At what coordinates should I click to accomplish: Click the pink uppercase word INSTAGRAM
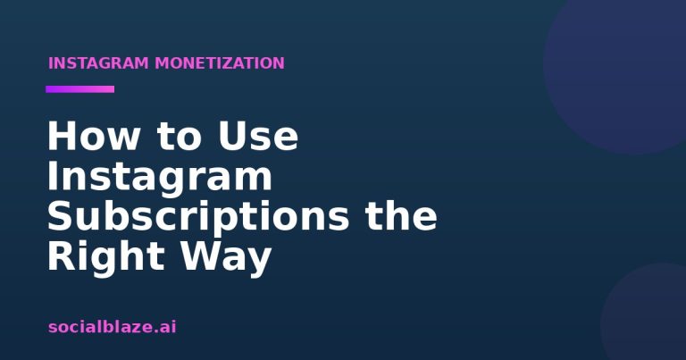pos(98,63)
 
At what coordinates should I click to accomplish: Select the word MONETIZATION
pos(220,63)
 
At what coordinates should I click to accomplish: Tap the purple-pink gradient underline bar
pos(80,89)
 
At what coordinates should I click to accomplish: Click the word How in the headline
pos(93,136)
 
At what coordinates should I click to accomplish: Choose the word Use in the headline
pos(258,136)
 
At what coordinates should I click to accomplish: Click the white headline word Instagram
pos(160,177)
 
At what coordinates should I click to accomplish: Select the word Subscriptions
pos(198,216)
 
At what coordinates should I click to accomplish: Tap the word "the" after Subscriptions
pos(401,215)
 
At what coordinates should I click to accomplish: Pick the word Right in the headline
pos(105,256)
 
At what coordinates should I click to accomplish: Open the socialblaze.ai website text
pos(113,327)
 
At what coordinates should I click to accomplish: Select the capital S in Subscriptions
pos(60,215)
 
